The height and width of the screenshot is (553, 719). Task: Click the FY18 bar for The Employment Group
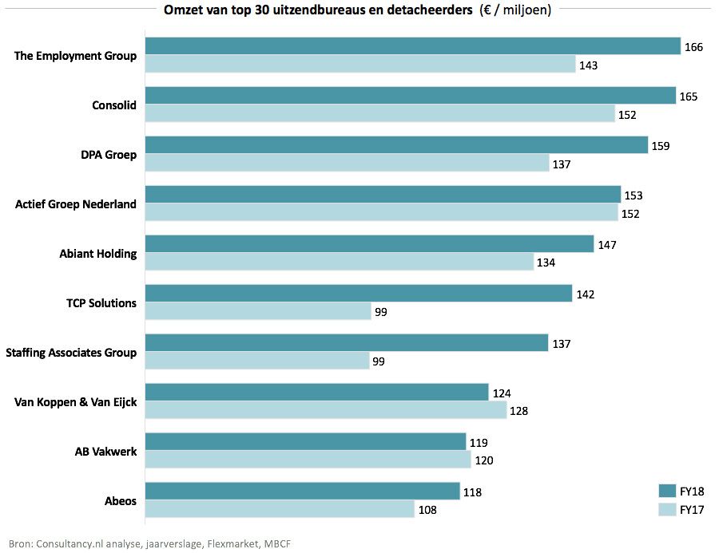412,46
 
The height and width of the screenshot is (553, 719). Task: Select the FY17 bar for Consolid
379,114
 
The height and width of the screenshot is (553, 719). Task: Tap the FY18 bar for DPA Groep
396,145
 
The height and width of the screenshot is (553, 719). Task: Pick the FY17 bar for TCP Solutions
258,312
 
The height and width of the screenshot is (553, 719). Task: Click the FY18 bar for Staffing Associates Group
347,343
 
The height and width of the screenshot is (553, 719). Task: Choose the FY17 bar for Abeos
280,510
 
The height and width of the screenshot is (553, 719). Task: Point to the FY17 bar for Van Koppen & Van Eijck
326,411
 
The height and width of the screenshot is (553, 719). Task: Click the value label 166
693,47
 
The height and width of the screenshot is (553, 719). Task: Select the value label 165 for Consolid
688,97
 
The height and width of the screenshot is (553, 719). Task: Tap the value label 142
585,294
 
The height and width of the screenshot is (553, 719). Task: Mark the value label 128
519,412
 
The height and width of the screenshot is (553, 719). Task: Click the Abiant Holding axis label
98,254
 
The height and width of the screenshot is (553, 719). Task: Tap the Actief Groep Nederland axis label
76,204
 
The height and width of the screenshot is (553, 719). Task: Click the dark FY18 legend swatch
667,491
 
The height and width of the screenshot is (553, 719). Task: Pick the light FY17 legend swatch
667,509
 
